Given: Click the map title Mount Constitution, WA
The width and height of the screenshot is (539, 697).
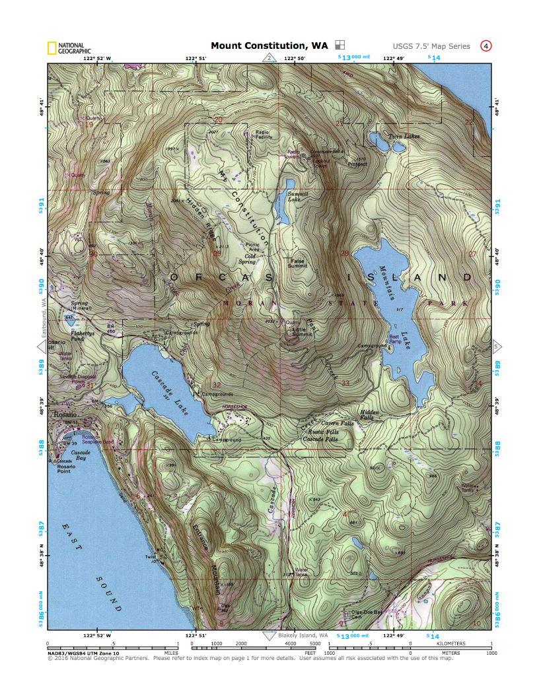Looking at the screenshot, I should [x=269, y=46].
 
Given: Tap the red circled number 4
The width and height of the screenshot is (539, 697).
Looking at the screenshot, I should [x=486, y=46].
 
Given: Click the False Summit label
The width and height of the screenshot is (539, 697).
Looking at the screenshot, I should [x=298, y=263].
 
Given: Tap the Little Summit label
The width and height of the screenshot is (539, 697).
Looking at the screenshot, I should [x=303, y=331].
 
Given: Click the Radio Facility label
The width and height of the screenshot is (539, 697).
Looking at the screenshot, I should [x=264, y=135].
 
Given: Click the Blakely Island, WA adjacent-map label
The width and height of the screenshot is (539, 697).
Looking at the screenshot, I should [x=302, y=636].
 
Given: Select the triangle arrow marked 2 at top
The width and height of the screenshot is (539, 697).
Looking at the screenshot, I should [x=269, y=58].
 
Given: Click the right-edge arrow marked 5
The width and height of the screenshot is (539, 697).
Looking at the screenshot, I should [x=497, y=346].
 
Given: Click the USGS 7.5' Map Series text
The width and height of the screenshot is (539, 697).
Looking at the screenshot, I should [x=431, y=46].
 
